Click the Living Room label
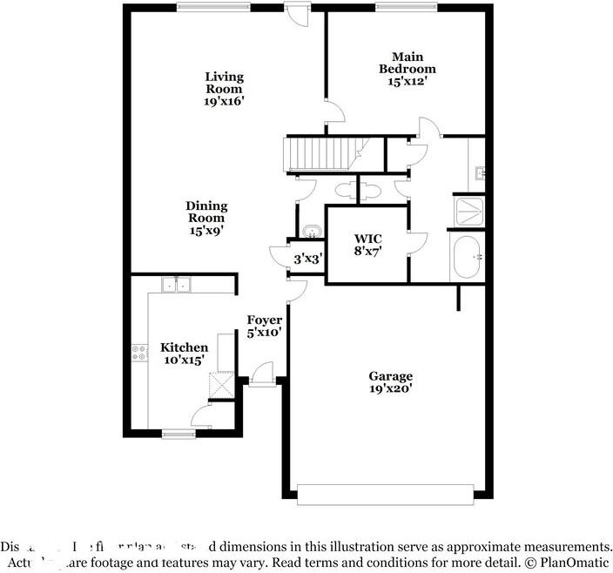224,83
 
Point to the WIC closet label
367,238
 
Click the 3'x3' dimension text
308,259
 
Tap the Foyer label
264,320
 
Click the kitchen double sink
177,284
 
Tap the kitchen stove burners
138,353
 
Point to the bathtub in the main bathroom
467,258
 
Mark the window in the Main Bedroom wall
405,7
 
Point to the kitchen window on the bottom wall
179,434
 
